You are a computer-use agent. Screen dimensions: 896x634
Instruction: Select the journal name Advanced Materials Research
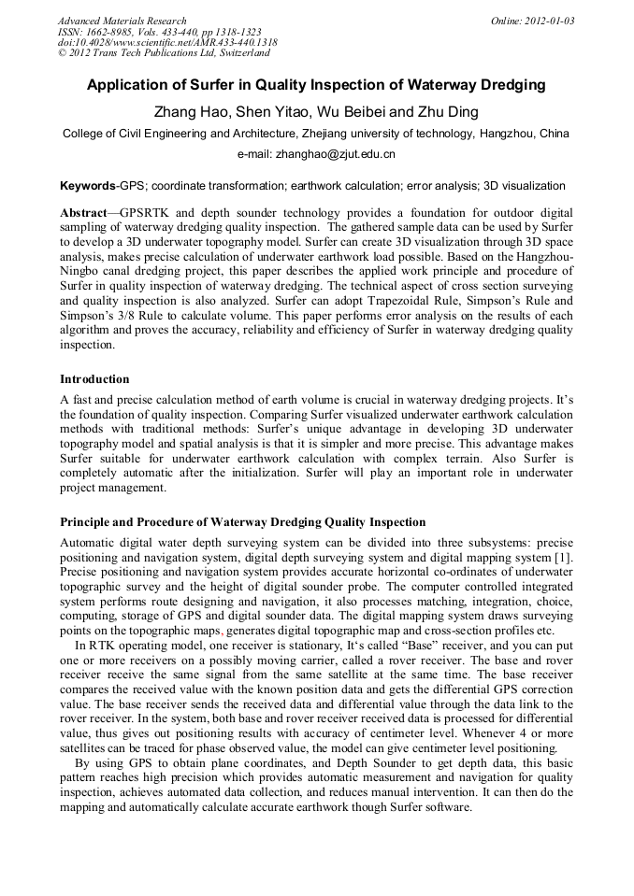click(x=122, y=21)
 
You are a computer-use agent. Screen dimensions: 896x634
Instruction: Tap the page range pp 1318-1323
click(x=222, y=32)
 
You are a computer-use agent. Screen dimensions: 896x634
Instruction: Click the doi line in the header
click(x=167, y=42)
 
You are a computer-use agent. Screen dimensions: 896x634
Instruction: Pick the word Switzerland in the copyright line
click(x=239, y=52)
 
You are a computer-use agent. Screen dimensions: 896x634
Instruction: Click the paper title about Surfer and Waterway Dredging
click(x=316, y=85)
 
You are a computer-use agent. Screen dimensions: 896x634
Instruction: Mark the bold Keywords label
click(x=88, y=186)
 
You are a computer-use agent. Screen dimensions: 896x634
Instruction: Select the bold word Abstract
click(x=83, y=213)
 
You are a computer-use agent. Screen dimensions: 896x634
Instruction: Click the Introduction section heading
click(x=94, y=379)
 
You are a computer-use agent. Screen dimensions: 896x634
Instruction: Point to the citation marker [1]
click(x=564, y=557)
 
